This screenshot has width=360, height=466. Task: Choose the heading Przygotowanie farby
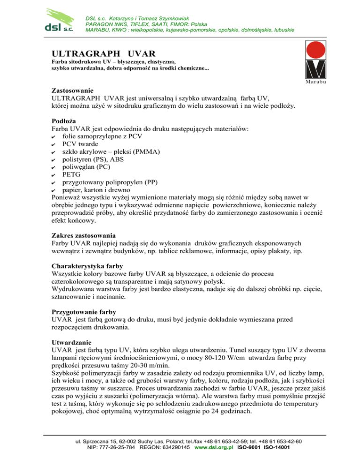coord(86,312)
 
